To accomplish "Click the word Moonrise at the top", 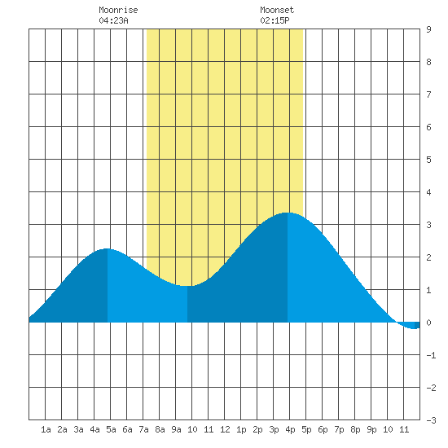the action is tap(118, 10).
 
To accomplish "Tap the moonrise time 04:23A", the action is tap(113, 20).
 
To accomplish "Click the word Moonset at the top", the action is tap(277, 10).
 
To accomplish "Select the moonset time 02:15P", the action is tap(275, 20).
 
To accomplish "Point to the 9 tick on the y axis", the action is tap(428, 29).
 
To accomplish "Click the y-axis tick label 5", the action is tap(428, 160).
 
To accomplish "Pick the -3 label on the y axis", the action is tap(431, 420).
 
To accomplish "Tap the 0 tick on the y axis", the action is tap(428, 323).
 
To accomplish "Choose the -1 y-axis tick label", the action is tap(431, 355).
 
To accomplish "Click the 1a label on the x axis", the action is tap(46, 429).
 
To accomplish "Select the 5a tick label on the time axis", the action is tap(111, 429).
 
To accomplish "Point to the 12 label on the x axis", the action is tap(225, 429).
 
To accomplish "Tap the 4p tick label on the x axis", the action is tap(290, 429).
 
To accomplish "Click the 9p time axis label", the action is tap(371, 429).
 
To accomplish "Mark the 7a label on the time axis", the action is tap(143, 429).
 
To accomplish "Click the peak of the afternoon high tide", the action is tap(288, 213).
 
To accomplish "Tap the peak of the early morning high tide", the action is tap(108, 249).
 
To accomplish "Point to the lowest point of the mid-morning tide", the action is tap(187, 285).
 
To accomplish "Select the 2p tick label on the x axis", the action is tap(257, 429).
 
